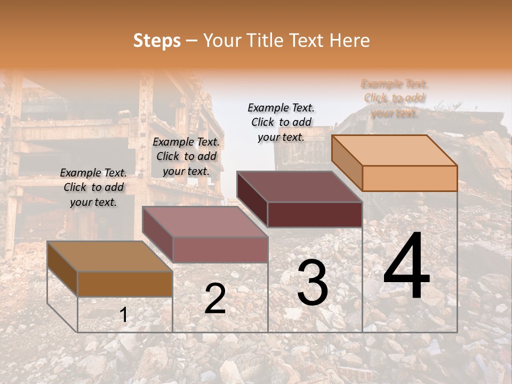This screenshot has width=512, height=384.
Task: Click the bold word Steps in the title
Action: (x=157, y=41)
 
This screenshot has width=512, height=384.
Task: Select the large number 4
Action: (x=406, y=266)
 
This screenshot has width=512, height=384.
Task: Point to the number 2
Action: (x=215, y=299)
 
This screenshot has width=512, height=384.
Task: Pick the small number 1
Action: (x=123, y=315)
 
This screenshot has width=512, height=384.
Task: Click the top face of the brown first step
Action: (x=109, y=257)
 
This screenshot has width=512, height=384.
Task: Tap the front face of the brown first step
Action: (x=125, y=284)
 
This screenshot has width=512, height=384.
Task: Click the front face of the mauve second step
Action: (x=220, y=250)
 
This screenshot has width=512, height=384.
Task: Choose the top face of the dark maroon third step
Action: (x=299, y=187)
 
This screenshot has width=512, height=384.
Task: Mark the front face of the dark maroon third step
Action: (x=315, y=214)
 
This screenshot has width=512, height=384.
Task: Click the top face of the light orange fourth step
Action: (x=395, y=150)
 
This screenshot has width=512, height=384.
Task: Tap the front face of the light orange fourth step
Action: (x=410, y=178)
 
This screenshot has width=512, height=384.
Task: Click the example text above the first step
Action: (x=93, y=188)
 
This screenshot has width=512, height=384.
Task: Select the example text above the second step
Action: (x=186, y=156)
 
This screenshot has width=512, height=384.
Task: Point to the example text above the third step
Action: (x=281, y=122)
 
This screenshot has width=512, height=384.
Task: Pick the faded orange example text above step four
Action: (x=394, y=98)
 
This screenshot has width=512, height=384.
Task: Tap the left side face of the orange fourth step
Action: (x=347, y=163)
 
